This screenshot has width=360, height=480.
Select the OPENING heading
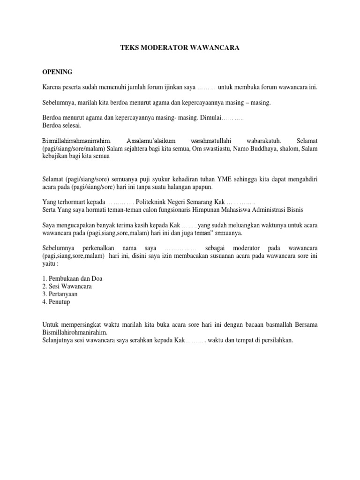pyautogui.click(x=57, y=72)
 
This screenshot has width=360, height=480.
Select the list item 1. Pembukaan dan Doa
pyautogui.click(x=72, y=278)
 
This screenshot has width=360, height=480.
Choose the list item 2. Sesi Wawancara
pyautogui.click(x=67, y=286)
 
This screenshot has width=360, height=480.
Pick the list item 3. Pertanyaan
pyautogui.click(x=60, y=294)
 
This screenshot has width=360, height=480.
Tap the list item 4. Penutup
pyautogui.click(x=56, y=302)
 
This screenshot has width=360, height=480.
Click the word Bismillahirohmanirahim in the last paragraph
pyautogui.click(x=75, y=332)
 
